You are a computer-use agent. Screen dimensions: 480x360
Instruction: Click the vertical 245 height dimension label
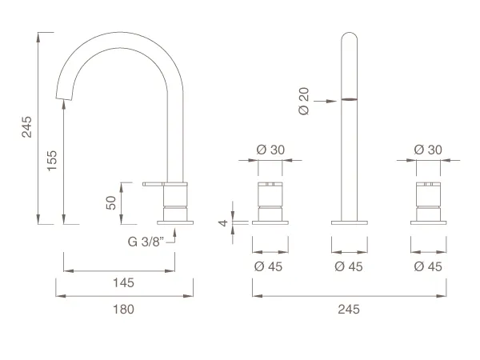(x=26, y=126)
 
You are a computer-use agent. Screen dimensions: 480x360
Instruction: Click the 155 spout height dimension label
(x=52, y=161)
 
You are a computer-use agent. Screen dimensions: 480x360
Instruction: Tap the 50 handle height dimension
(x=111, y=202)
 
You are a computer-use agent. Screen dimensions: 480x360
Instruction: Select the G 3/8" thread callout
(x=146, y=242)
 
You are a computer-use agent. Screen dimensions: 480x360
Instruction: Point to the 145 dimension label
(x=123, y=282)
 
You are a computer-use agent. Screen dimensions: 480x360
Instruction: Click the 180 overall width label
(x=123, y=309)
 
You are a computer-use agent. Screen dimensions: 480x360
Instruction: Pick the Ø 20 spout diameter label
(x=304, y=102)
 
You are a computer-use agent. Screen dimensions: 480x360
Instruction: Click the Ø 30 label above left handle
(x=270, y=150)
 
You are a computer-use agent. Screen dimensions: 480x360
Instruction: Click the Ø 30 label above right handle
(x=428, y=150)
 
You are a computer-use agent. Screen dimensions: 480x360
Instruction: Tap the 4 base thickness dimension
(x=223, y=222)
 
